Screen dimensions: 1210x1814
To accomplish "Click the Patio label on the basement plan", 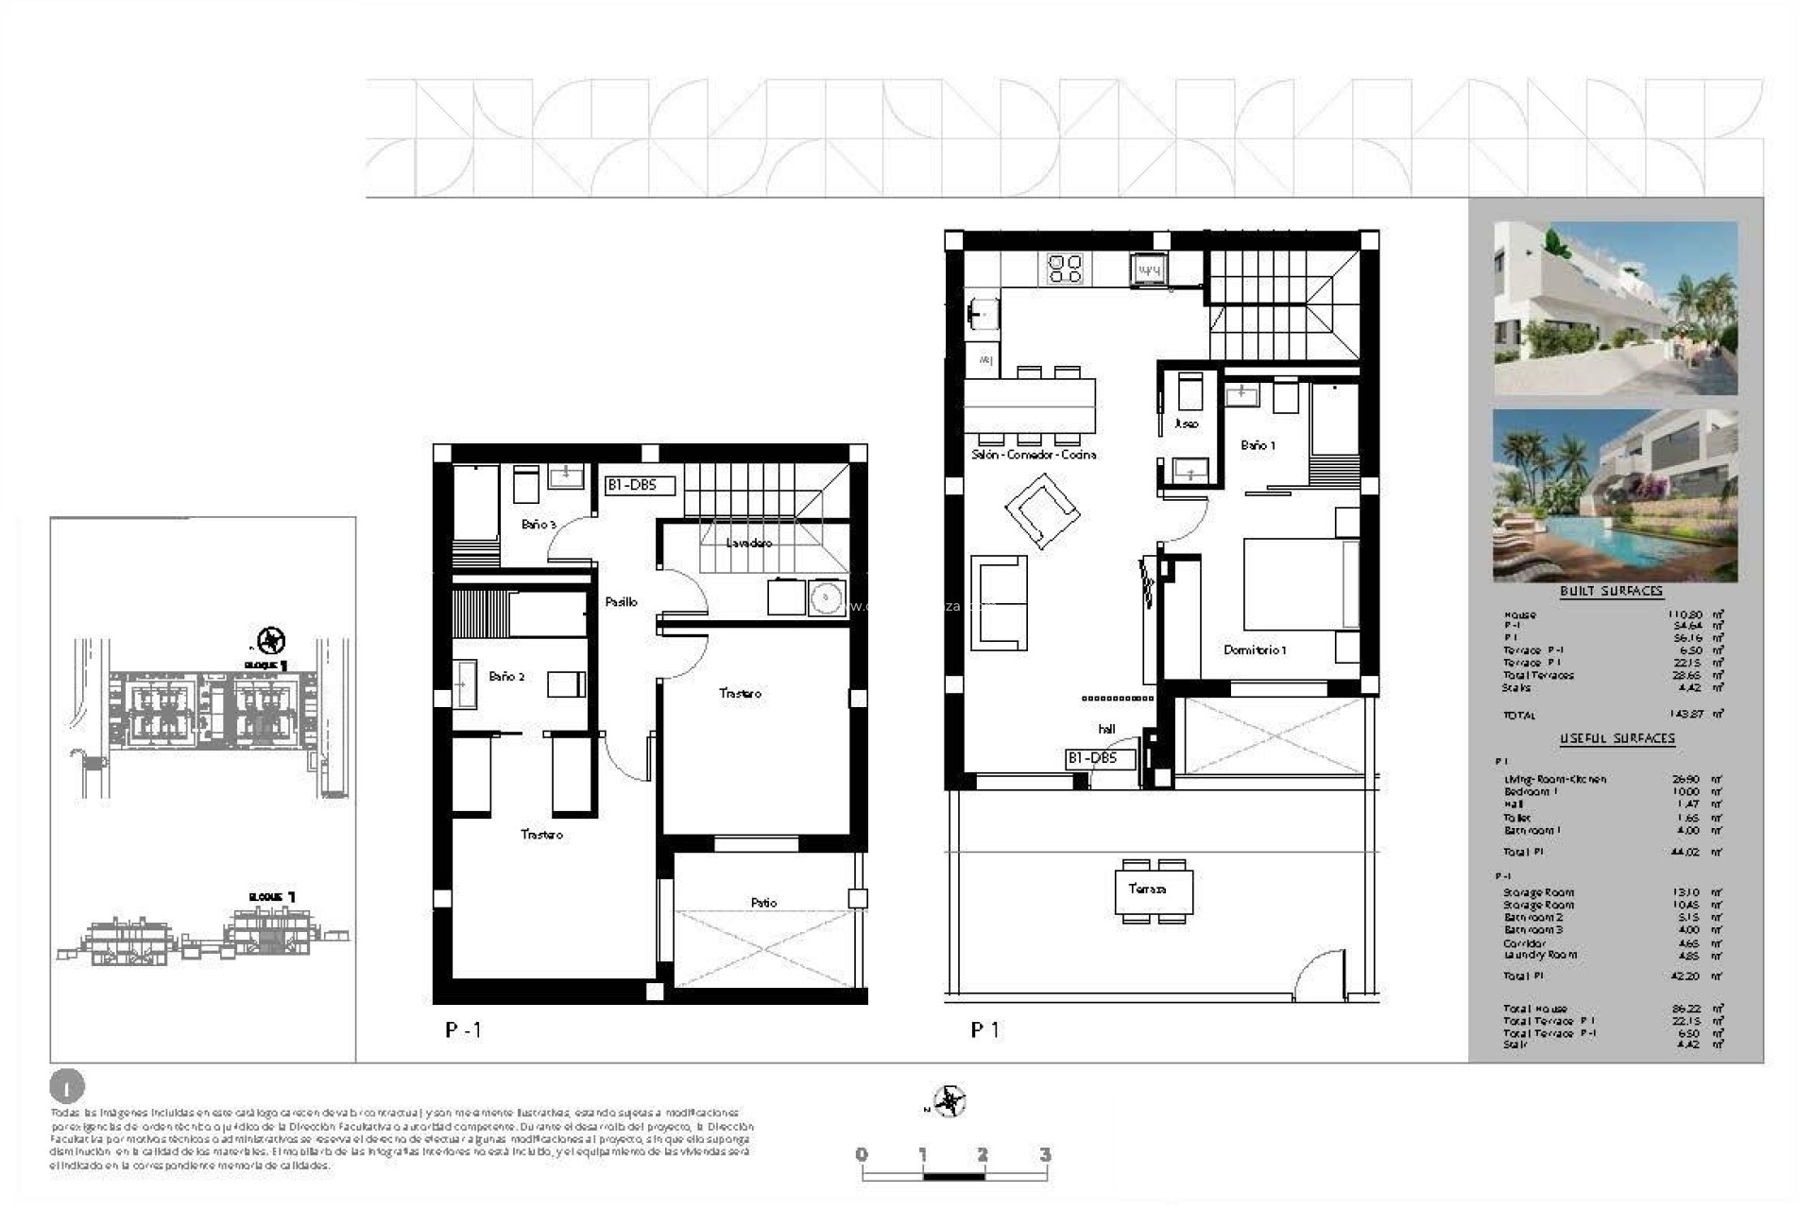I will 763,903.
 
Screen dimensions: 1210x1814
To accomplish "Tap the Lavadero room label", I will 748,543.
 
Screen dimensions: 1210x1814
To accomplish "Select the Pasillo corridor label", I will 621,601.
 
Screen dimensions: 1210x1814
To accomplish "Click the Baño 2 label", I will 506,676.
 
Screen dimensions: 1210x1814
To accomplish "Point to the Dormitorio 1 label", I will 1254,649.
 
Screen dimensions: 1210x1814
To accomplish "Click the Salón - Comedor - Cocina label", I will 1034,455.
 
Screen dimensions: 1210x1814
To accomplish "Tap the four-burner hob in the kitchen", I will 1065,268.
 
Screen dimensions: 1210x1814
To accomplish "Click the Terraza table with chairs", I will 1153,890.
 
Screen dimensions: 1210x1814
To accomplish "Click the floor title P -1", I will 464,1030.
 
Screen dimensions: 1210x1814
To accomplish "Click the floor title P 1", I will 984,1030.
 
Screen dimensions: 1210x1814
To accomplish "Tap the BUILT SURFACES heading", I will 1611,591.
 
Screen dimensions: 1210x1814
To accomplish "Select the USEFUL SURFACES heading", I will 1617,738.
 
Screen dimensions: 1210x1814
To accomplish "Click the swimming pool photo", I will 1615,495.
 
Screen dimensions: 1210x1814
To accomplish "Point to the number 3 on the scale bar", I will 1044,1154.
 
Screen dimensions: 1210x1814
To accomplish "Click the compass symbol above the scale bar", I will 949,1102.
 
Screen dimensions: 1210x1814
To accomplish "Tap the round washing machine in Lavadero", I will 827,598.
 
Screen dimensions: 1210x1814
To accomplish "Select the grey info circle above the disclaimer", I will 66,1087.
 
